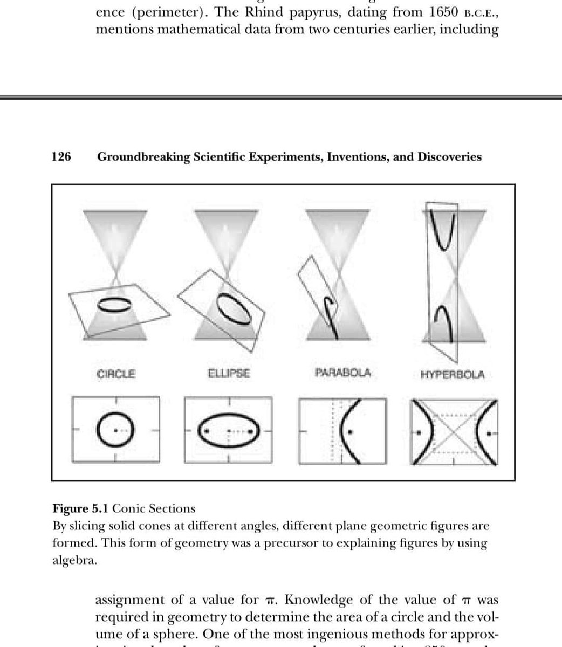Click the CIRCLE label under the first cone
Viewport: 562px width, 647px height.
(x=115, y=373)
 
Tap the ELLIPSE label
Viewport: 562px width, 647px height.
(x=229, y=373)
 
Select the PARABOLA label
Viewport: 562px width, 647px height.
(x=342, y=373)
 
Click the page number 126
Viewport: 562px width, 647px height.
(x=61, y=157)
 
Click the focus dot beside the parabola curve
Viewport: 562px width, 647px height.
(x=351, y=431)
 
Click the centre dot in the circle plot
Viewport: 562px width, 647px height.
(x=115, y=431)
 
